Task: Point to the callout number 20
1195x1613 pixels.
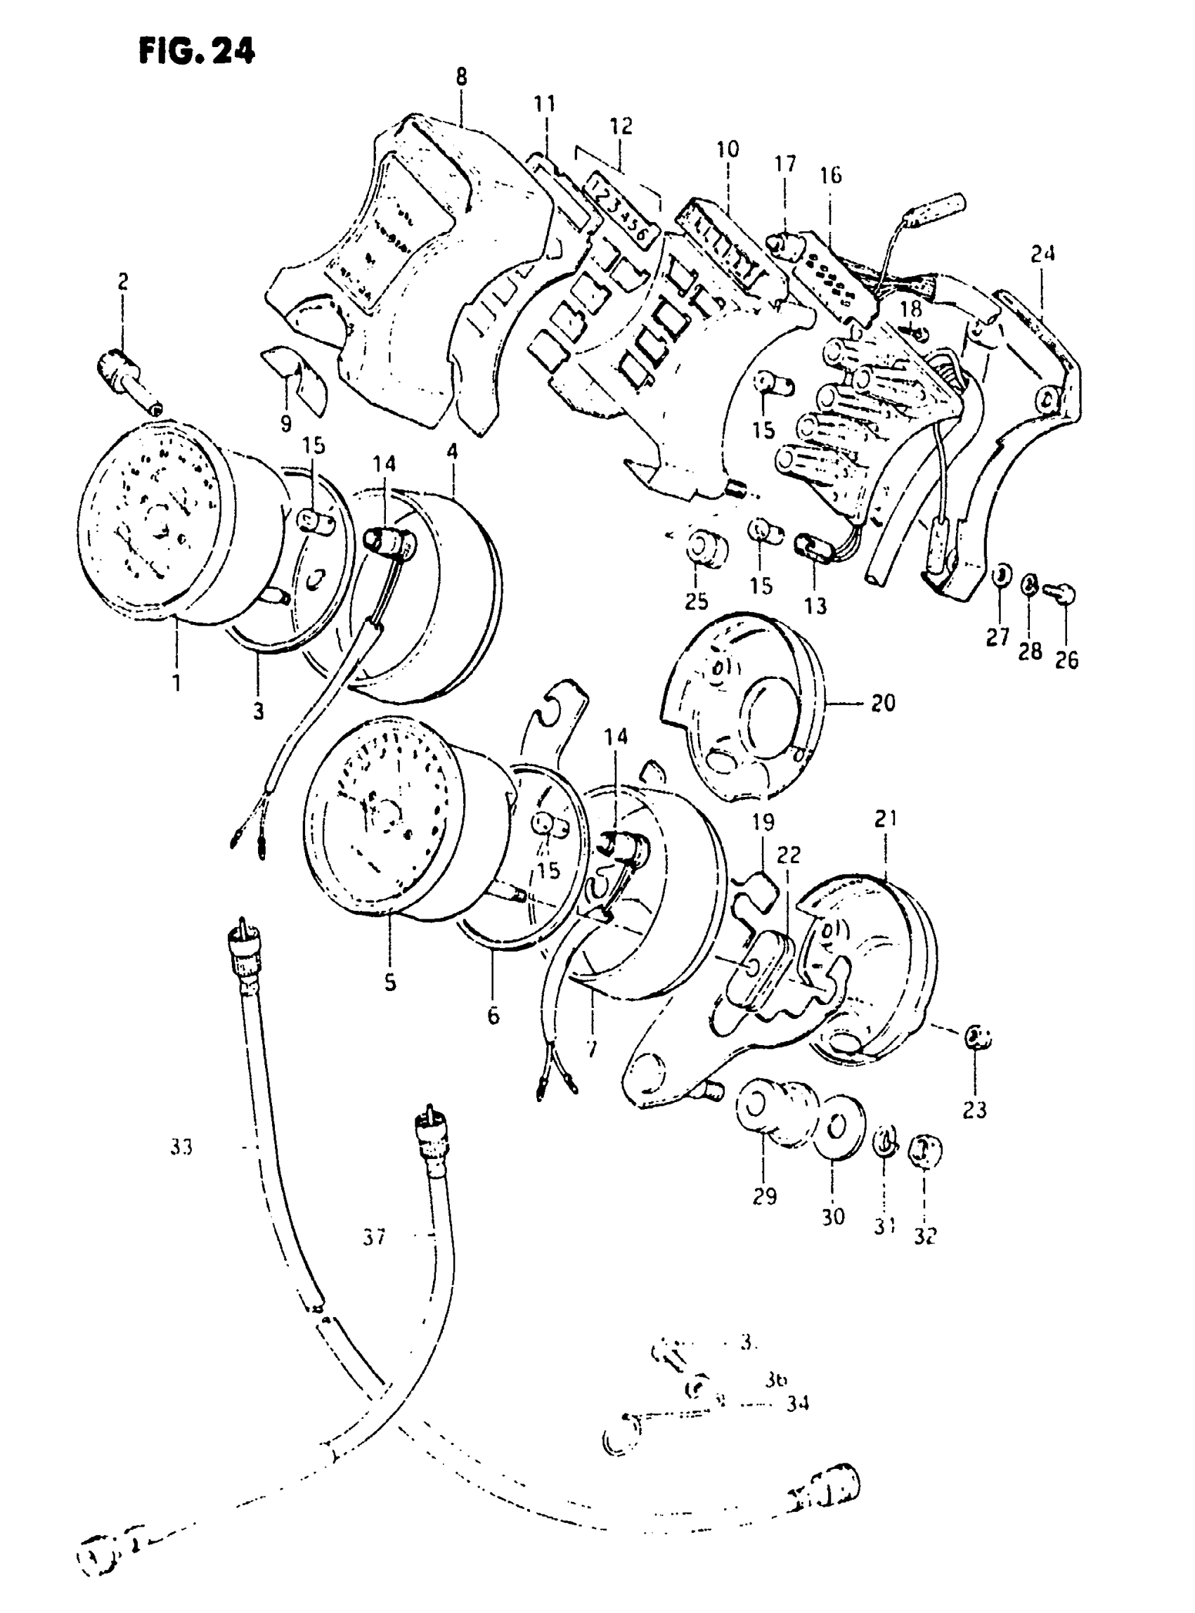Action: click(882, 702)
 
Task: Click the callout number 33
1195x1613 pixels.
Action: click(181, 1146)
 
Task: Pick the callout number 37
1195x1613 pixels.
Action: click(374, 1238)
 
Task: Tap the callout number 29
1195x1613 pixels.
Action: click(765, 1196)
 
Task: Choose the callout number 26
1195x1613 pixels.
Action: click(1066, 660)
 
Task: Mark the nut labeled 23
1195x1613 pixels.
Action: click(977, 1039)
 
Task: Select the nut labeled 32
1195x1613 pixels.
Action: click(925, 1150)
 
